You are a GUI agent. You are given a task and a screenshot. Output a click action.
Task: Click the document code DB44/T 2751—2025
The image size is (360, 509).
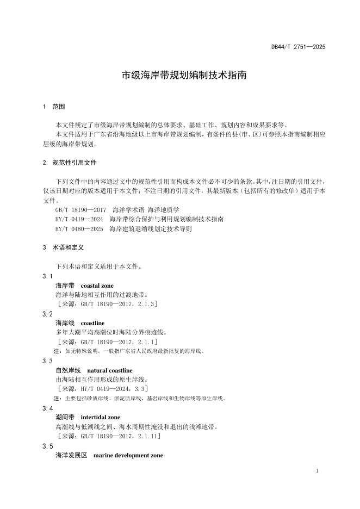coord(298,47)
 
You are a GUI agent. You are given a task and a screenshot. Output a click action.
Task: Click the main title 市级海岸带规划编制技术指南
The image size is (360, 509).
coord(184,75)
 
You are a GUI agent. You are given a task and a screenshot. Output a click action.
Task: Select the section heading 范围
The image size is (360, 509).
coord(58,107)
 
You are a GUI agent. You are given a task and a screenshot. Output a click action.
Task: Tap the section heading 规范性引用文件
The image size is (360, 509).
coord(75,163)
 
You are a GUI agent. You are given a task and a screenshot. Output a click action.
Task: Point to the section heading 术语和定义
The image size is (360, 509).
coord(68,247)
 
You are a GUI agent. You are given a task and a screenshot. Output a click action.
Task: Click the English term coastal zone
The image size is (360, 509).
coord(97,285)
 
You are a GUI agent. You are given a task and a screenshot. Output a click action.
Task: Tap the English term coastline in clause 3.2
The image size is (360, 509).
coord(92,323)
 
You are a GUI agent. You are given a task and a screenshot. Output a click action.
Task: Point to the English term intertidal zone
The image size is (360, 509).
coord(101,418)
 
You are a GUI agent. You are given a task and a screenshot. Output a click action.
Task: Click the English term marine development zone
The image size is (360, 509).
coord(128,455)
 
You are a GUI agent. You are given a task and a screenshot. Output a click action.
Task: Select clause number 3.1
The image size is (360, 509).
coord(47,277)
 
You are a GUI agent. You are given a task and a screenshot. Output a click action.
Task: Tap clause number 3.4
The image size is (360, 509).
coord(47,408)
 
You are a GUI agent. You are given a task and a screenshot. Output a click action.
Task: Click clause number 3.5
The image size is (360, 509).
coord(47,446)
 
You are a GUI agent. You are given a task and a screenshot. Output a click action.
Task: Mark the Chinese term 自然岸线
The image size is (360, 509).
coord(68,370)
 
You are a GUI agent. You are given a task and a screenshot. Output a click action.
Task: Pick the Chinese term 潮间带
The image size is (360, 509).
coord(65,418)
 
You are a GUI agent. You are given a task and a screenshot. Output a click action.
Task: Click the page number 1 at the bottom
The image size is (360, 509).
coord(316,470)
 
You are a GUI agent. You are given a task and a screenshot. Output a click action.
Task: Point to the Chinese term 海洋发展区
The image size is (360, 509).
coord(71,455)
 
